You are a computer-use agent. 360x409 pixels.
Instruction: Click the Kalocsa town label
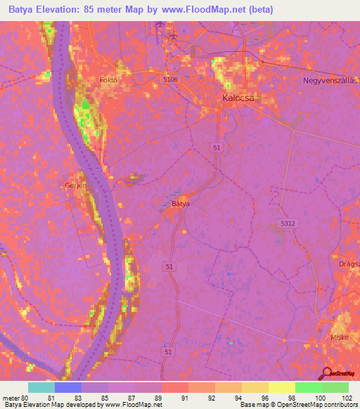[238, 98]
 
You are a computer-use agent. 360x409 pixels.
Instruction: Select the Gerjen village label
[75, 185]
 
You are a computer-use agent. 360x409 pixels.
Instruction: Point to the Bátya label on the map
[181, 204]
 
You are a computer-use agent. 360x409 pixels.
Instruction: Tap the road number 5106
[172, 80]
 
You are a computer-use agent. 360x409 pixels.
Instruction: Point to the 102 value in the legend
[347, 397]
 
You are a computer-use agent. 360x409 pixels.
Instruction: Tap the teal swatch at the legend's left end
[41, 387]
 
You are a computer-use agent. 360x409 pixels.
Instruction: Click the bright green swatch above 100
[309, 387]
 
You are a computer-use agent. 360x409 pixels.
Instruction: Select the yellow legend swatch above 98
[281, 387]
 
